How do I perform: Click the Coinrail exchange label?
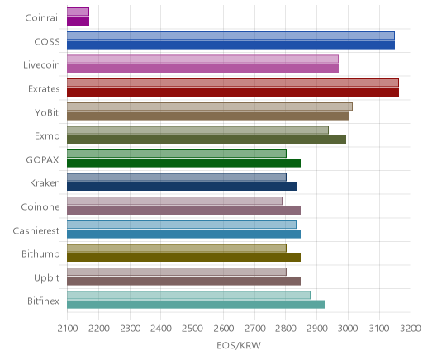(x=42, y=18)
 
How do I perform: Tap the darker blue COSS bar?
(x=231, y=45)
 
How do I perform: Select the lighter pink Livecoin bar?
(x=202, y=59)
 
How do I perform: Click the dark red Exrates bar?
(x=233, y=92)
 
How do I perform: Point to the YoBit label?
(x=47, y=112)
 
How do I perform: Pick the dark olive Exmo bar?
(x=207, y=140)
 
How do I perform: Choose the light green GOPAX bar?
(x=177, y=154)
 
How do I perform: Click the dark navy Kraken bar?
(x=182, y=187)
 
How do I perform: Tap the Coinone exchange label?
(x=40, y=207)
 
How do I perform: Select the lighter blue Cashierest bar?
(x=182, y=225)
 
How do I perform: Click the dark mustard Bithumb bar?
(x=183, y=258)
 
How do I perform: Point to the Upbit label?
(x=46, y=278)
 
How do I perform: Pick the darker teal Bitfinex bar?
(x=196, y=305)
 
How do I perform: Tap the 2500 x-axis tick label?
(x=192, y=329)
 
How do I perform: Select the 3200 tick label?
(x=411, y=329)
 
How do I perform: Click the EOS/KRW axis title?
(x=239, y=345)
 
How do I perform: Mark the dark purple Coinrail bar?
(x=78, y=21)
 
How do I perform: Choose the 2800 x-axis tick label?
(x=286, y=329)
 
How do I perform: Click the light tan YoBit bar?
(x=210, y=107)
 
